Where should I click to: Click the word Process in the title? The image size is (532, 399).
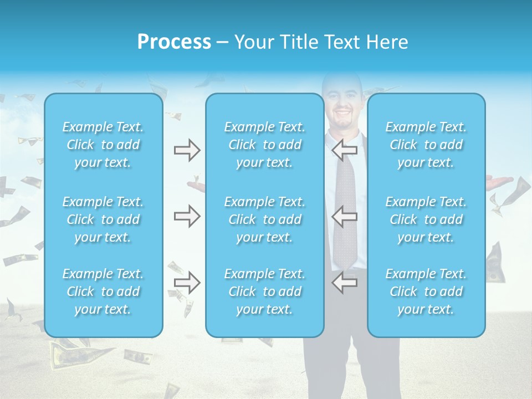174,42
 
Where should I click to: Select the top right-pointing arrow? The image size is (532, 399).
187,150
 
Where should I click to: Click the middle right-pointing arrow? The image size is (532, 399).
187,216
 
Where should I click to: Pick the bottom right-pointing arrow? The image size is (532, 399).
187,283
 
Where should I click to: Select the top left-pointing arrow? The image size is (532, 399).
344,150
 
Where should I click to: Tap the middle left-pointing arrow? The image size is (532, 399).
344,216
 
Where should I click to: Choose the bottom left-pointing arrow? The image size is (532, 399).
344,283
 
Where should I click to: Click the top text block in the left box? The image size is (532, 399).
103,145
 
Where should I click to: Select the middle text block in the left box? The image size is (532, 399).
103,219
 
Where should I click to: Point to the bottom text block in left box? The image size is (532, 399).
103,291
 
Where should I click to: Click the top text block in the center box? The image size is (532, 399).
265,145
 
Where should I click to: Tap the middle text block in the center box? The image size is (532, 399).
265,219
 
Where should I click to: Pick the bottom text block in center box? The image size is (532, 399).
265,291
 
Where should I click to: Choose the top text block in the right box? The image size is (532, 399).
426,145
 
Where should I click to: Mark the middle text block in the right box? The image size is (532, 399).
426,219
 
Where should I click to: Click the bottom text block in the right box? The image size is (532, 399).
426,291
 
